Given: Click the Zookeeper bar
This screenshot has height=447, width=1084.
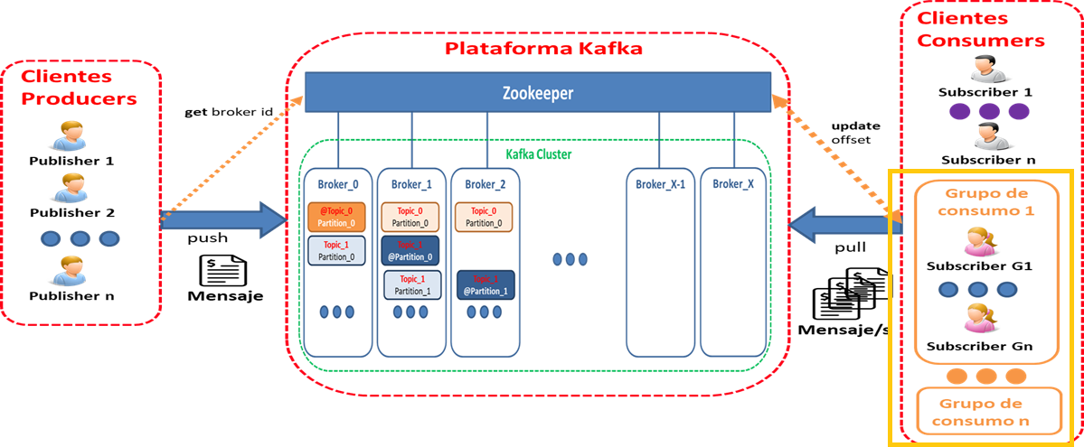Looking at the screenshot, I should coord(537,93).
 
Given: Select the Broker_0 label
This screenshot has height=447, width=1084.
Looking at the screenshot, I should coord(338,184).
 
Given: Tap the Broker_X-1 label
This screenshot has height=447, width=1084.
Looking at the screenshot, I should coord(660,184).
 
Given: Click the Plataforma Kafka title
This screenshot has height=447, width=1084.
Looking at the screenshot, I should coord(543,49).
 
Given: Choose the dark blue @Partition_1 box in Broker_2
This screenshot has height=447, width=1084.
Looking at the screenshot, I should coord(485,285).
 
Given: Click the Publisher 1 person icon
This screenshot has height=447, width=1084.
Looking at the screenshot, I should coord(71,136).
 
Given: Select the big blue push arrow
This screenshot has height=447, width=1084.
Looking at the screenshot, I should coord(222,219).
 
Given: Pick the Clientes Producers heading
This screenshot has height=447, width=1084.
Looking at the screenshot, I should coord(79,88).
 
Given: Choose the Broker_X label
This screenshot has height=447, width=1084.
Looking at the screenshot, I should coord(732,184).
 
